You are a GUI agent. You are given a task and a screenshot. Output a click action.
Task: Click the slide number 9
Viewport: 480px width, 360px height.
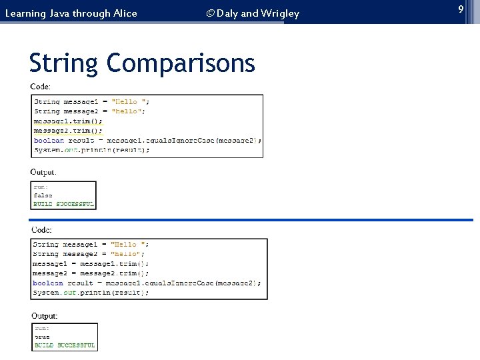[460, 9]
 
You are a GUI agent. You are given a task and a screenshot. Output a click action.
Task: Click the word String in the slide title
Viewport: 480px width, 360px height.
[64, 64]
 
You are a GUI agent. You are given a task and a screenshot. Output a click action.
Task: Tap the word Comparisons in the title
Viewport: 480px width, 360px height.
[181, 64]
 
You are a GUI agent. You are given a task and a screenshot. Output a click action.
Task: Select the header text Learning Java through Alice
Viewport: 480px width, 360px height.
[71, 13]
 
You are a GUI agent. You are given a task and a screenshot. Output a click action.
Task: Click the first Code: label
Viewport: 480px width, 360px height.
[41, 86]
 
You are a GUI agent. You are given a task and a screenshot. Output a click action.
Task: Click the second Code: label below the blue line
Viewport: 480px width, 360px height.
[41, 229]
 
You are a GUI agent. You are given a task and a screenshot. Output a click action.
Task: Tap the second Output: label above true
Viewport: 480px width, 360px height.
[45, 315]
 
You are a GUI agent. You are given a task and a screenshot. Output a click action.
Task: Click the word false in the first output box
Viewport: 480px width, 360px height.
[43, 195]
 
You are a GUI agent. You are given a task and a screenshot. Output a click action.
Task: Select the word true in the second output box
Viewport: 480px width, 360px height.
[42, 337]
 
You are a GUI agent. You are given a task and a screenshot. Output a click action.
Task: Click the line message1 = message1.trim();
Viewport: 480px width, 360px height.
[91, 264]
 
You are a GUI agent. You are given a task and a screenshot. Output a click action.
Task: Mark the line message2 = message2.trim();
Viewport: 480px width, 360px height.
[91, 273]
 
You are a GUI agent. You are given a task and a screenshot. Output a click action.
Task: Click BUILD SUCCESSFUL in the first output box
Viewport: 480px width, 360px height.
[64, 203]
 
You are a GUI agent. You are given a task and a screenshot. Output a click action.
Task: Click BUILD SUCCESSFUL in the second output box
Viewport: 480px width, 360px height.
[65, 345]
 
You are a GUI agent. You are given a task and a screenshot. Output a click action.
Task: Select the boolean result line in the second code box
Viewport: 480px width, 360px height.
[147, 283]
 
